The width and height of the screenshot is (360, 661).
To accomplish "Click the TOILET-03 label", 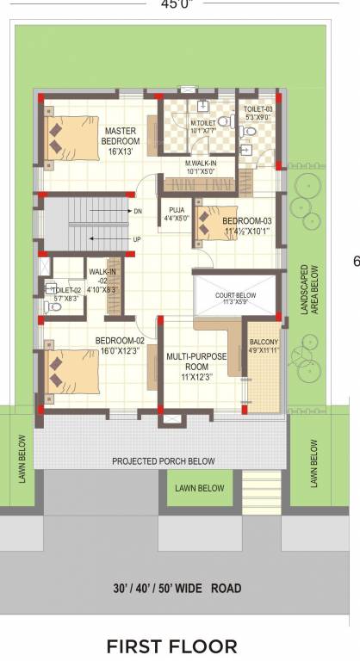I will click(x=258, y=114).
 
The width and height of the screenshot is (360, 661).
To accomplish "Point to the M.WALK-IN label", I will click(x=201, y=166).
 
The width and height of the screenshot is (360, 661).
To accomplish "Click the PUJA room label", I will click(x=177, y=213).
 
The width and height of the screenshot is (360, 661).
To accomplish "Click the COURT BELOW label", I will click(x=236, y=298).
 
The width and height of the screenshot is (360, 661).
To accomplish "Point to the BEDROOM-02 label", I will click(x=119, y=345).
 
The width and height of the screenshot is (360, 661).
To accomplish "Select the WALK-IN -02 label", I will click(x=107, y=280).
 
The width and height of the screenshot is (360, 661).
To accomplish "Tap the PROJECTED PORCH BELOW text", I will click(x=163, y=461).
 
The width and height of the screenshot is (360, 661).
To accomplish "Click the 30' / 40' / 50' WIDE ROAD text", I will click(x=177, y=589).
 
